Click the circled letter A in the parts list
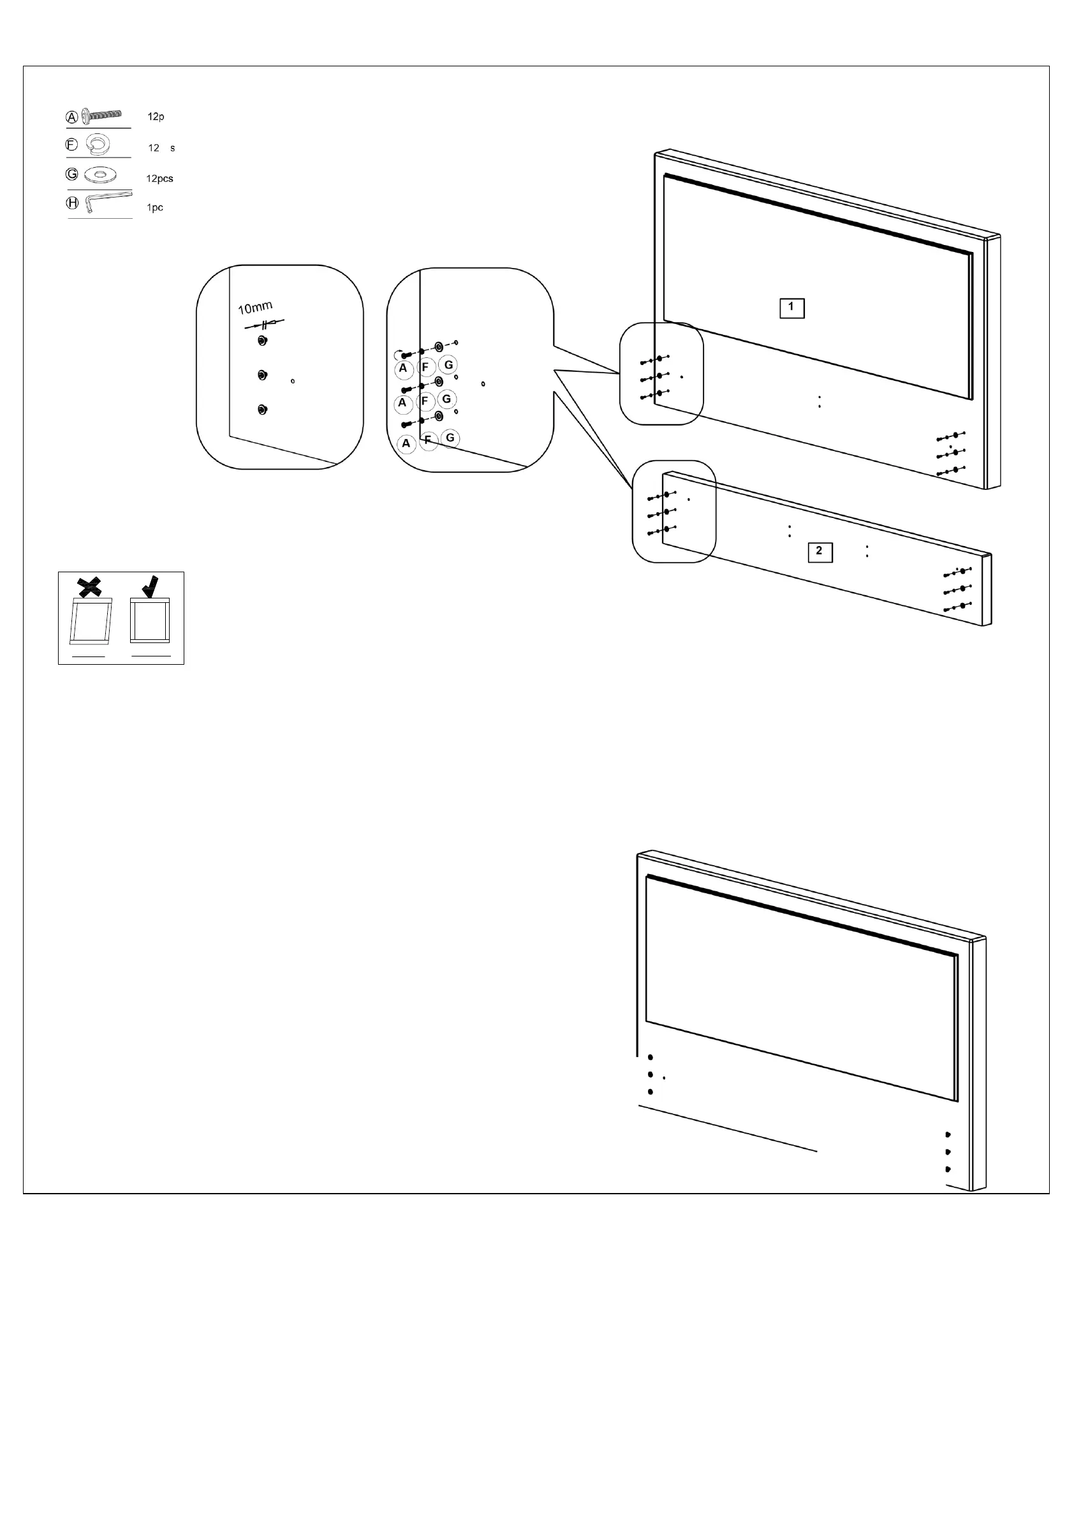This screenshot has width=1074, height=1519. (x=71, y=118)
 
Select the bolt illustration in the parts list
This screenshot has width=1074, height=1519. (x=102, y=115)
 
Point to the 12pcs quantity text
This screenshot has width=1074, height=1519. (x=159, y=179)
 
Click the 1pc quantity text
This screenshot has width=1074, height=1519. (x=155, y=208)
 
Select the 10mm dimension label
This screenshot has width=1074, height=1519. (x=255, y=308)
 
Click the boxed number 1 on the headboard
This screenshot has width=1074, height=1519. (x=791, y=308)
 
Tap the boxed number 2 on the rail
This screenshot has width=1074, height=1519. (x=820, y=552)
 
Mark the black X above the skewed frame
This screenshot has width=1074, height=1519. (x=90, y=586)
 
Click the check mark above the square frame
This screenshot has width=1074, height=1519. (x=151, y=586)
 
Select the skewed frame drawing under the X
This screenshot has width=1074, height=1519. (x=91, y=621)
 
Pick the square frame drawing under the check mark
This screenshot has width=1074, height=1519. (x=150, y=620)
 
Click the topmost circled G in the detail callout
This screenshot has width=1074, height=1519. (x=448, y=364)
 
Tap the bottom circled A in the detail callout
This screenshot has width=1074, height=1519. (x=406, y=444)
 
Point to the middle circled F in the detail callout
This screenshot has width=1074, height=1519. (x=425, y=401)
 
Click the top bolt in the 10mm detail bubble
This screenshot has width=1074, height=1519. (x=263, y=341)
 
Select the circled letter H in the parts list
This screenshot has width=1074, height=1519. (x=72, y=203)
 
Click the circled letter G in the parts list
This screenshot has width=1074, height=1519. (x=72, y=174)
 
